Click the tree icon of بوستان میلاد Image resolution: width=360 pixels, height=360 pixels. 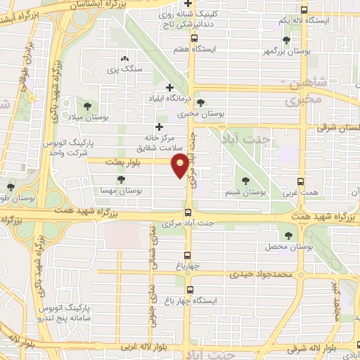click(87, 105)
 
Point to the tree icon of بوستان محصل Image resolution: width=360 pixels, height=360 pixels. click(288, 235)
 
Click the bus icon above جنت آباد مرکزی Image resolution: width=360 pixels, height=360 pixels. click(188, 212)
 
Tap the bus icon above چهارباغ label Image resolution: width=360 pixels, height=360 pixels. click(188, 255)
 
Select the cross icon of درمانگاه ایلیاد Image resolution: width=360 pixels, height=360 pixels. click(169, 87)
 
